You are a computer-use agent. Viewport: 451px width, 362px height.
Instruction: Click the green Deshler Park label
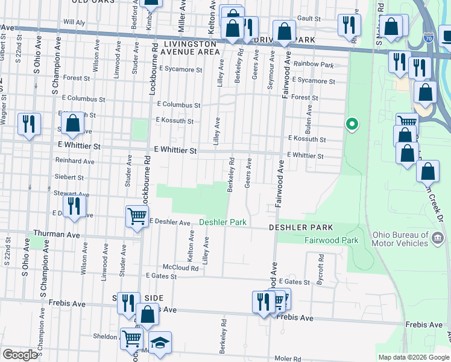coord(223,223)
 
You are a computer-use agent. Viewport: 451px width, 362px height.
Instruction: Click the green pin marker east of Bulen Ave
coord(352,125)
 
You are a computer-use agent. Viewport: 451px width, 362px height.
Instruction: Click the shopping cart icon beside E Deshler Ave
coord(137,216)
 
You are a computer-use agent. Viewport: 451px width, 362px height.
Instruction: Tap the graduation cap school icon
coord(160,343)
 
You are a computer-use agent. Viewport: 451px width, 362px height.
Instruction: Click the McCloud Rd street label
coord(180,267)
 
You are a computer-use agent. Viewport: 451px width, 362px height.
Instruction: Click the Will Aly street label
coord(74,22)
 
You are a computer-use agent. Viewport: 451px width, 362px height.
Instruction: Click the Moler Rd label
coord(289,358)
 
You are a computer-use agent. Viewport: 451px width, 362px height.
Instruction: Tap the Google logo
coord(20,355)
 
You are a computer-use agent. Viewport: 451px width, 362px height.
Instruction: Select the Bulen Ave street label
coord(309,118)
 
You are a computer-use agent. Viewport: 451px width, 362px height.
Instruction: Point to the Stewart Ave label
coord(74,195)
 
